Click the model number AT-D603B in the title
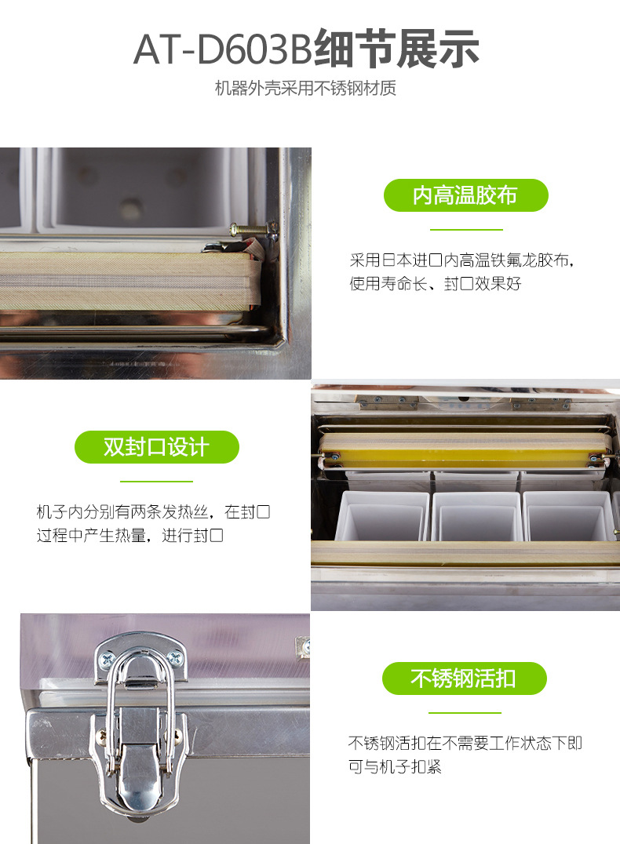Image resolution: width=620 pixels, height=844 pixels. pyautogui.click(x=222, y=49)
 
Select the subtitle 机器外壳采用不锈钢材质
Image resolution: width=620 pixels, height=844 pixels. pyautogui.click(x=305, y=89)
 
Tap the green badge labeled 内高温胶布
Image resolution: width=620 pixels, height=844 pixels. pyautogui.click(x=466, y=195)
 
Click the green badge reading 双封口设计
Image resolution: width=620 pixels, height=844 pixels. pyautogui.click(x=157, y=447)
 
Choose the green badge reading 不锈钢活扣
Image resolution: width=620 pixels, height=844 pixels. pyautogui.click(x=465, y=678)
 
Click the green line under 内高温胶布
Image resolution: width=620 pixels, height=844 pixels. pyautogui.click(x=466, y=230)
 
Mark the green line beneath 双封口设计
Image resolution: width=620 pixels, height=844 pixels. pyautogui.click(x=156, y=481)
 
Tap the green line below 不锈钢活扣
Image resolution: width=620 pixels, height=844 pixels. pyautogui.click(x=465, y=713)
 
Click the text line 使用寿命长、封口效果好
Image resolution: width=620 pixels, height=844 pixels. pyautogui.click(x=436, y=284)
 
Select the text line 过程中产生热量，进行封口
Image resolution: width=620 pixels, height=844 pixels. pyautogui.click(x=129, y=536)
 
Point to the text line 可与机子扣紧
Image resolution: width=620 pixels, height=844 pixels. pyautogui.click(x=395, y=766)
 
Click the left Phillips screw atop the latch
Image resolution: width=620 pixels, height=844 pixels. pyautogui.click(x=108, y=658)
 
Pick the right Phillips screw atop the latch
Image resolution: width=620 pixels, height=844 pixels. pyautogui.click(x=174, y=657)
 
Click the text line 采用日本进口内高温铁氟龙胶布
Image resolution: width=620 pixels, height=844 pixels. pyautogui.click(x=461, y=260)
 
